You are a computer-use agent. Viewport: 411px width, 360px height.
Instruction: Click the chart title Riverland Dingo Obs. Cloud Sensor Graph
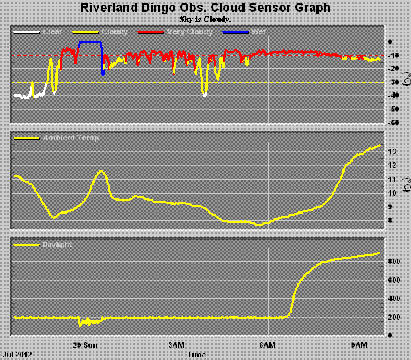[x=206, y=9]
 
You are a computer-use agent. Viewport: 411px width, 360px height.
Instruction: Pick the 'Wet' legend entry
[x=259, y=32]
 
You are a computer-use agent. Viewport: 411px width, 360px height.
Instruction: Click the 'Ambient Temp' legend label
[x=71, y=138]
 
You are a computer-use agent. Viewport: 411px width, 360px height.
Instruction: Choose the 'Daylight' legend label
[x=58, y=244]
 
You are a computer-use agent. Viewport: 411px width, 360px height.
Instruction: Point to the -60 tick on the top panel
[x=393, y=123]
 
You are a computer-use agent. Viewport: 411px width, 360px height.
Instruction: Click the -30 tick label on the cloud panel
[x=393, y=82]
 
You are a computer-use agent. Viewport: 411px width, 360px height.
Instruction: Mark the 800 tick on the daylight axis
[x=393, y=261]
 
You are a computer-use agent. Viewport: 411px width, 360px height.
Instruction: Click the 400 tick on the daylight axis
[x=393, y=298]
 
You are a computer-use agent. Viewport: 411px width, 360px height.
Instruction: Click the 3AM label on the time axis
[x=177, y=345]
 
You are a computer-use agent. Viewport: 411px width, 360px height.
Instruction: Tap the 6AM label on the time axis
[x=268, y=345]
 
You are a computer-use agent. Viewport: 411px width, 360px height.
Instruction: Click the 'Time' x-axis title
[x=197, y=355]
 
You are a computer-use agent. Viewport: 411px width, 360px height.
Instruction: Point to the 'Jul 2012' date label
[x=17, y=355]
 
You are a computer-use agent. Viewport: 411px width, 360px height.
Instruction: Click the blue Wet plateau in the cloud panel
[x=90, y=42]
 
